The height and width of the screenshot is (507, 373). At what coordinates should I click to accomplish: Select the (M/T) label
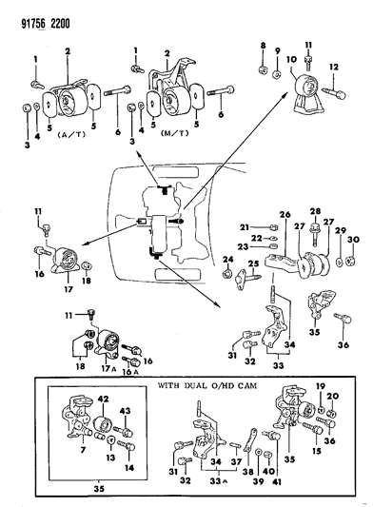[x=173, y=133]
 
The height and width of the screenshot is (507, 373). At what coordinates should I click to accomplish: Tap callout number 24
[x=226, y=259]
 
